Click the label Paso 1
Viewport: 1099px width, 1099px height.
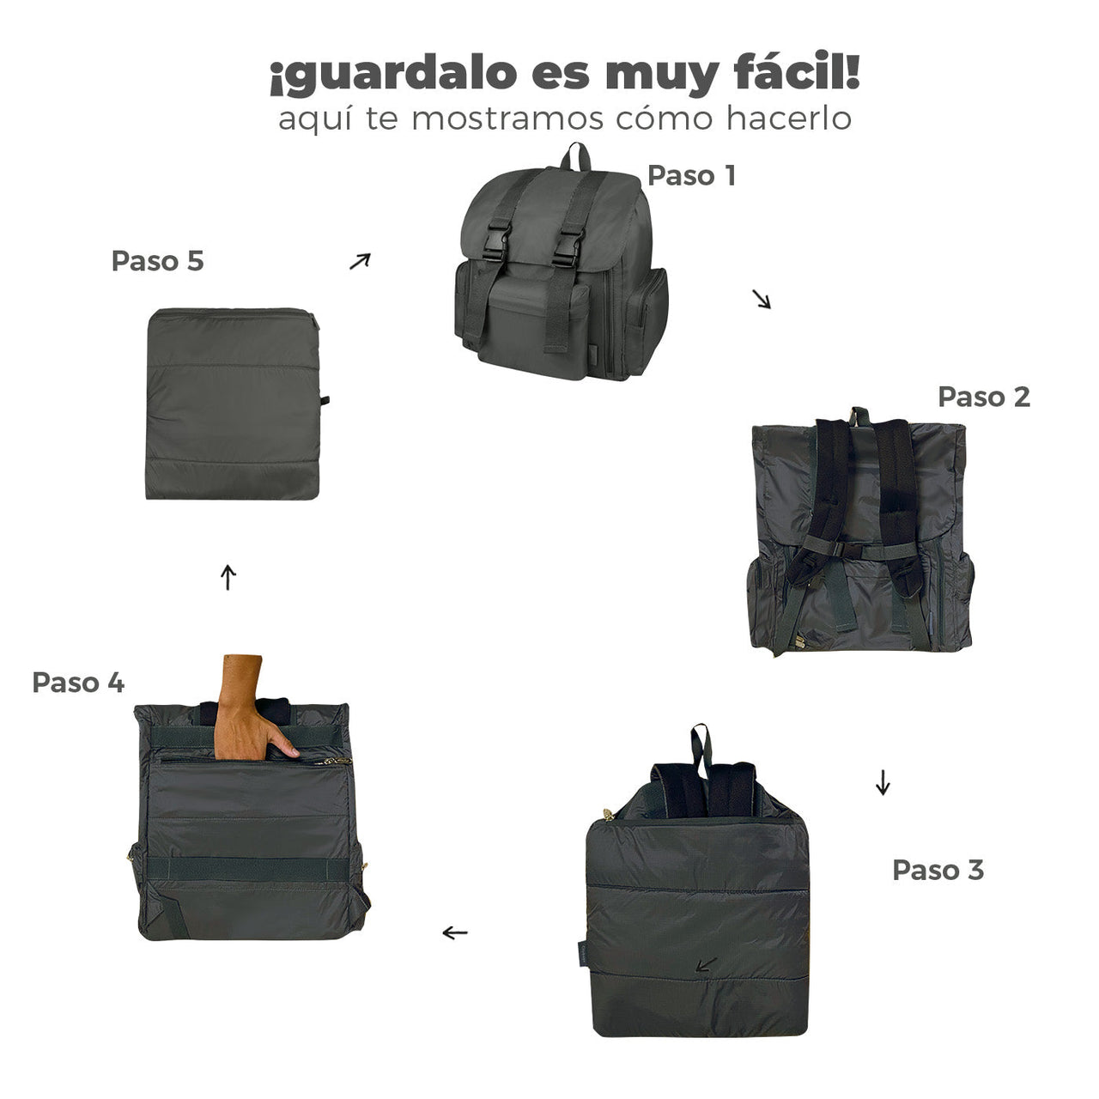pyautogui.click(x=691, y=175)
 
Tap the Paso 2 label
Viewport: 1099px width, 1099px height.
pyautogui.click(x=983, y=397)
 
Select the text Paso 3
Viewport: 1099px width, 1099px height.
pyautogui.click(x=938, y=870)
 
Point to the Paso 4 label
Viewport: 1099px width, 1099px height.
pyautogui.click(x=78, y=683)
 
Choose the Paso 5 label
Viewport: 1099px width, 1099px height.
pyautogui.click(x=158, y=261)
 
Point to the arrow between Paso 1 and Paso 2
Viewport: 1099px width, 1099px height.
pyautogui.click(x=762, y=299)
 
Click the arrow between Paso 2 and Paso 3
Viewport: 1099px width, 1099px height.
pyautogui.click(x=883, y=782)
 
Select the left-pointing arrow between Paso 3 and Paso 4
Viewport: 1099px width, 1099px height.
pyautogui.click(x=455, y=932)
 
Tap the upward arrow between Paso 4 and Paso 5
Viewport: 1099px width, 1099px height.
pyautogui.click(x=228, y=577)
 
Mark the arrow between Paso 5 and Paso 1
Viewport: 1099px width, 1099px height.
pyautogui.click(x=360, y=261)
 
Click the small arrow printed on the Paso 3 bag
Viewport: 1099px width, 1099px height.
pyautogui.click(x=706, y=965)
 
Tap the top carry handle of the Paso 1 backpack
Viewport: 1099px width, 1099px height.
pyautogui.click(x=576, y=156)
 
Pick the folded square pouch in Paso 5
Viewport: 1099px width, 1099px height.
pyautogui.click(x=234, y=404)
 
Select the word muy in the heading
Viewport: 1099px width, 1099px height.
pyautogui.click(x=659, y=76)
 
